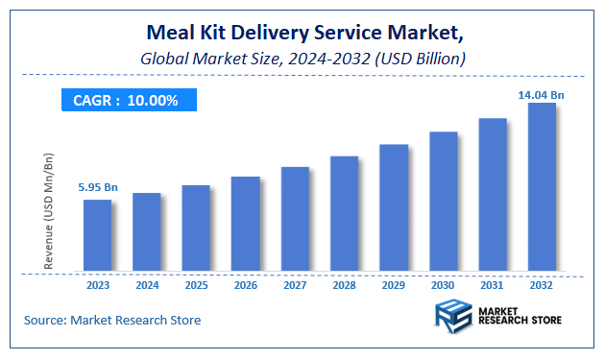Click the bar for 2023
tap(97, 235)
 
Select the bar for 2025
tap(196, 228)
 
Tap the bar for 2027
tap(295, 219)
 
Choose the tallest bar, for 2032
tap(542, 186)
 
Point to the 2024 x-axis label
tap(147, 285)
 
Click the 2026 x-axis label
tap(246, 285)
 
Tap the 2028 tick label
tap(344, 285)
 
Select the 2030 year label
tap(443, 285)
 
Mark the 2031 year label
tap(492, 285)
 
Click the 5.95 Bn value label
tap(97, 187)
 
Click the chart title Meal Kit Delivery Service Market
tap(302, 36)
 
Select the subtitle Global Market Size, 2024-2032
tap(302, 60)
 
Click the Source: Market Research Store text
tap(111, 320)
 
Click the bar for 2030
tap(443, 201)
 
